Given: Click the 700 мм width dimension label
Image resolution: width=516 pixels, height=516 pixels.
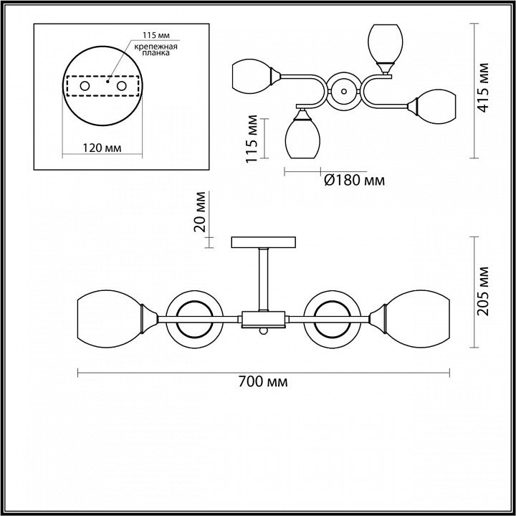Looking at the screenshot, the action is [263, 382].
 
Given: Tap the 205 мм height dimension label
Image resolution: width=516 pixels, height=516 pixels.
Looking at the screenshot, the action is [484, 291].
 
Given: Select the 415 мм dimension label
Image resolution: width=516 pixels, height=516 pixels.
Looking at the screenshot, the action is [484, 87].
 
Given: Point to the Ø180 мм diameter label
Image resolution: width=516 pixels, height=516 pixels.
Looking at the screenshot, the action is [354, 181].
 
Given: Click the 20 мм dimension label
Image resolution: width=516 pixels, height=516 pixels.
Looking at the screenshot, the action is [200, 212].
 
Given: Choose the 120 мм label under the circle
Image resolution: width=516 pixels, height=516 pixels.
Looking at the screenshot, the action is [102, 148].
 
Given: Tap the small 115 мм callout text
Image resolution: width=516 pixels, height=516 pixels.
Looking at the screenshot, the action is [156, 35].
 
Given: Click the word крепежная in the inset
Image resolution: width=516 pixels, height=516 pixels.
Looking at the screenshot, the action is [156, 47].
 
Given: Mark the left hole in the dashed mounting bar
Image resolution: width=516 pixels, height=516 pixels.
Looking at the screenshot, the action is [85, 86].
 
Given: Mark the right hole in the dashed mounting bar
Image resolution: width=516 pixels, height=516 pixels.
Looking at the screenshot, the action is [121, 86].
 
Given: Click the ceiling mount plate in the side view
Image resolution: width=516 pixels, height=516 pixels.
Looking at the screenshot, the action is [263, 242].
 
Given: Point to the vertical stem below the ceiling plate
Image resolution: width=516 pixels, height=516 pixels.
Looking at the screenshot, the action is [263, 279].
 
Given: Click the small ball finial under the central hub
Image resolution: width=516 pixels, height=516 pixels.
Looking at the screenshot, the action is [263, 331].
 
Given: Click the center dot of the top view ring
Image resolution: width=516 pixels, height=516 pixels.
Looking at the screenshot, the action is [344, 91].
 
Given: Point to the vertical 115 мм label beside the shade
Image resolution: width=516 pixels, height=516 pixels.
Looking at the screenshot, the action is [252, 138].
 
